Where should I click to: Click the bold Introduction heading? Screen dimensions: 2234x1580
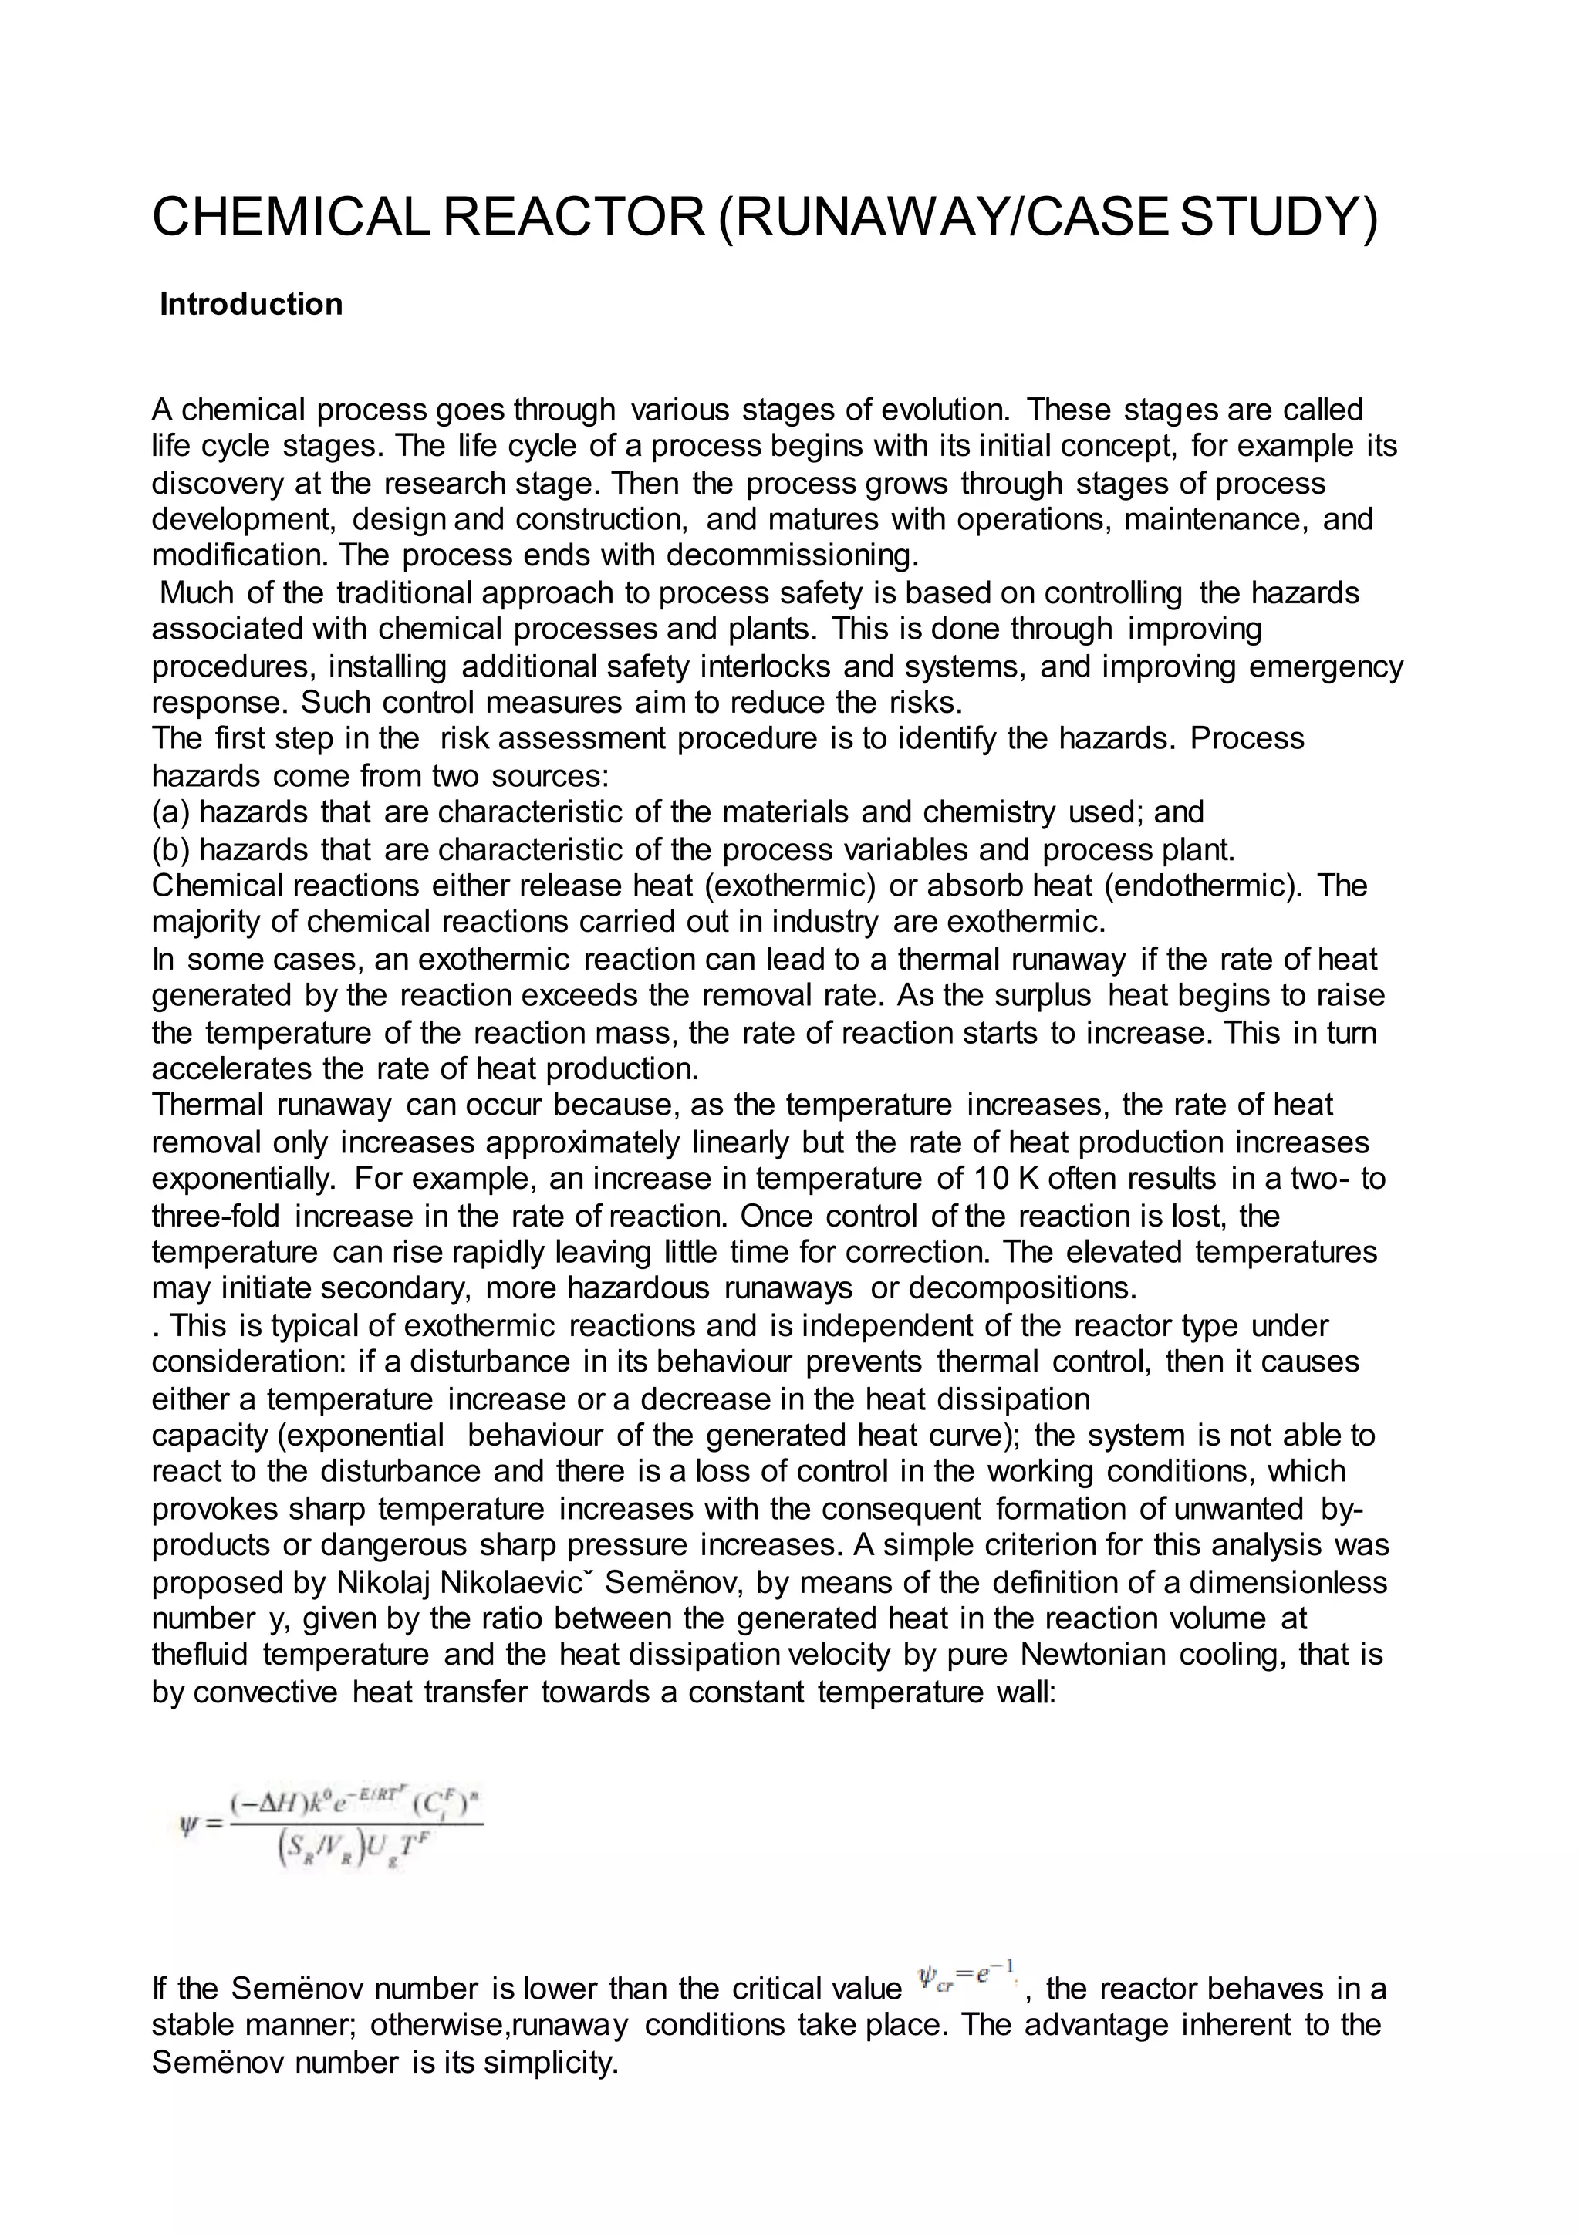click(251, 305)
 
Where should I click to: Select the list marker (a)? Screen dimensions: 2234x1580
click(171, 812)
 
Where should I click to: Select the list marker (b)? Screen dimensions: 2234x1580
click(171, 849)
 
